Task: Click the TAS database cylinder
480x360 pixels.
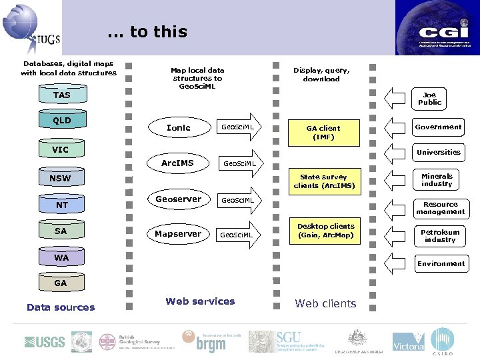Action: pyautogui.click(x=61, y=95)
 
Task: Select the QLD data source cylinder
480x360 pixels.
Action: pyautogui.click(x=61, y=121)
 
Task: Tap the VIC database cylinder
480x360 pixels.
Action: pyautogui.click(x=61, y=150)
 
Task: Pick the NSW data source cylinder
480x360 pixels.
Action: pyautogui.click(x=60, y=179)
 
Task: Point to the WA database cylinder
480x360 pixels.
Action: pyautogui.click(x=61, y=258)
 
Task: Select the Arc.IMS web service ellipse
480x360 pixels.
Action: pyautogui.click(x=178, y=163)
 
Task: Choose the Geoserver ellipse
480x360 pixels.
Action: pyautogui.click(x=178, y=199)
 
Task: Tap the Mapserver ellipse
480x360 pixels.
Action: pyautogui.click(x=178, y=234)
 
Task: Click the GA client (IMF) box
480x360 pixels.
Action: pyautogui.click(x=323, y=133)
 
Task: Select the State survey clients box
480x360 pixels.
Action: pyautogui.click(x=324, y=181)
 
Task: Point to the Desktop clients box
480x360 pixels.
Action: pyautogui.click(x=326, y=231)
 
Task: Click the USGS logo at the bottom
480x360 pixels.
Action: pyautogui.click(x=45, y=342)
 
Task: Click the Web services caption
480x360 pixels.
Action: pyautogui.click(x=200, y=301)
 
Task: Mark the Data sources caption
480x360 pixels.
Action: pyautogui.click(x=61, y=307)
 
